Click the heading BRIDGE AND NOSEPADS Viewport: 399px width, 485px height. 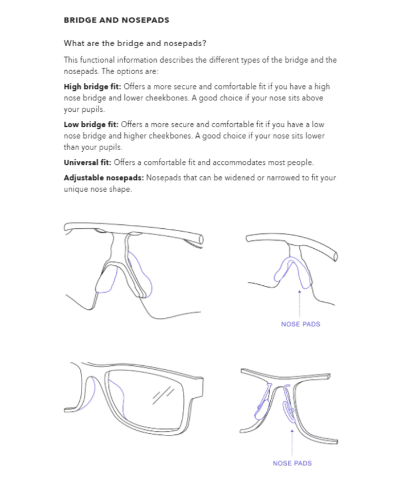(116, 20)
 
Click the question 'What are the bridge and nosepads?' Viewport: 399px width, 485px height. (135, 43)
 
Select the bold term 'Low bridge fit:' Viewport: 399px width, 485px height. (91, 124)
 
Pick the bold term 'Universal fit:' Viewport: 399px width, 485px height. (87, 163)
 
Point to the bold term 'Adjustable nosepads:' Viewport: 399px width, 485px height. (103, 178)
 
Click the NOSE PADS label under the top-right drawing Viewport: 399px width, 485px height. (300, 324)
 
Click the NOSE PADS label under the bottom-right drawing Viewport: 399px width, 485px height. (292, 463)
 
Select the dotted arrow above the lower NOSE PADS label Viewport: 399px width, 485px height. (292, 442)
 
